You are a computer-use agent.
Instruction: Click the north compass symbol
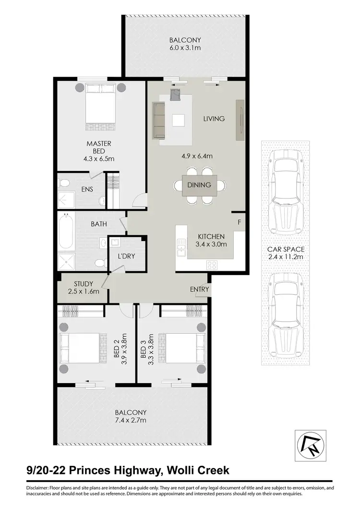click(x=310, y=446)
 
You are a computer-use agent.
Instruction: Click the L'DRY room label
click(x=126, y=256)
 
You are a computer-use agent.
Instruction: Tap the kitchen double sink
click(x=181, y=247)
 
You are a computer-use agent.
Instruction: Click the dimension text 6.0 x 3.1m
click(x=185, y=48)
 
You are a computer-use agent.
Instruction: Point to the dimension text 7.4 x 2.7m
click(x=131, y=420)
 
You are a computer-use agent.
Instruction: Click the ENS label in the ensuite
click(x=87, y=189)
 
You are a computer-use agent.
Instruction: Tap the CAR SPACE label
click(x=287, y=250)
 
